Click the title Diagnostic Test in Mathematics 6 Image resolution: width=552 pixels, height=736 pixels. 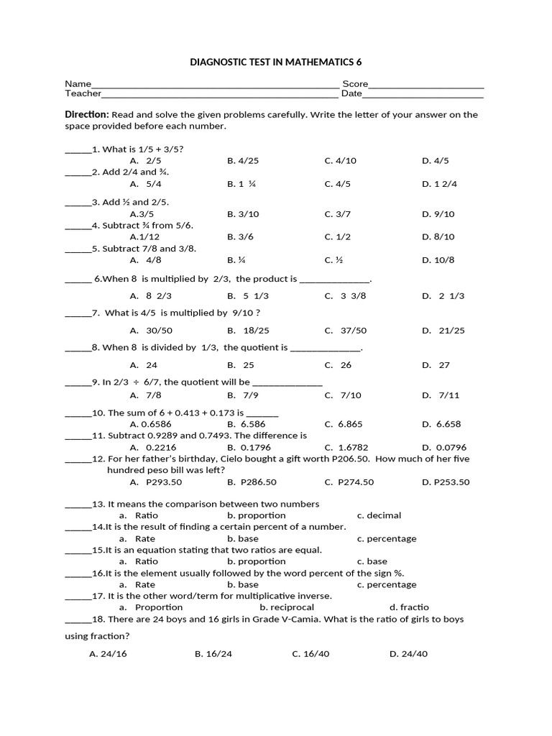276,63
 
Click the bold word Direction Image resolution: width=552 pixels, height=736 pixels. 86,114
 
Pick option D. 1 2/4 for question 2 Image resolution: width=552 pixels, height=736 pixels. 439,184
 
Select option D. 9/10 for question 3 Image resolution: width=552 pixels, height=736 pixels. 438,214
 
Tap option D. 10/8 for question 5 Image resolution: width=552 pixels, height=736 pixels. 438,260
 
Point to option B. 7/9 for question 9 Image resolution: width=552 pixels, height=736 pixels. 243,395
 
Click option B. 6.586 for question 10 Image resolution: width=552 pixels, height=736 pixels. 247,425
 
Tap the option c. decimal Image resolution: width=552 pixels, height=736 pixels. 379,515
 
